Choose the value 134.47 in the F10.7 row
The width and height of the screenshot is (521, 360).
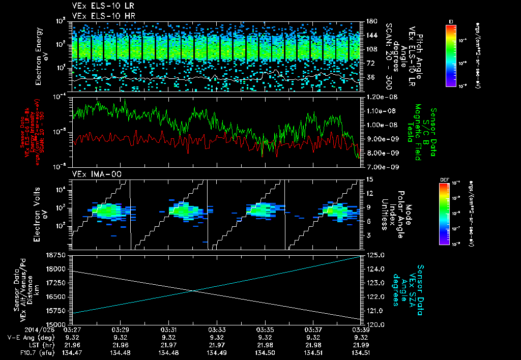point(71,352)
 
